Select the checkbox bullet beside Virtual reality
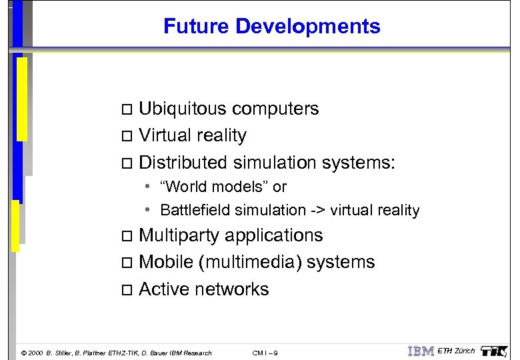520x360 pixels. (x=129, y=137)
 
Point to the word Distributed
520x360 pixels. (x=183, y=163)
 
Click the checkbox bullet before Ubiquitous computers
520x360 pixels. (x=129, y=109)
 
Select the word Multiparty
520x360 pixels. (x=179, y=236)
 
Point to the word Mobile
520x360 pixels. (x=165, y=263)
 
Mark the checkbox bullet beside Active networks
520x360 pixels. (x=129, y=290)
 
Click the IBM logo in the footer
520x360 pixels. (x=421, y=351)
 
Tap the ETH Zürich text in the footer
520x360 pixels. (x=456, y=351)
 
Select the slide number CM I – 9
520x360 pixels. (x=265, y=353)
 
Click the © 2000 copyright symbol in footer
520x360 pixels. (x=25, y=353)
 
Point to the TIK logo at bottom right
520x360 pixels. (x=495, y=351)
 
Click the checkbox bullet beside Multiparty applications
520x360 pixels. (x=129, y=237)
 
